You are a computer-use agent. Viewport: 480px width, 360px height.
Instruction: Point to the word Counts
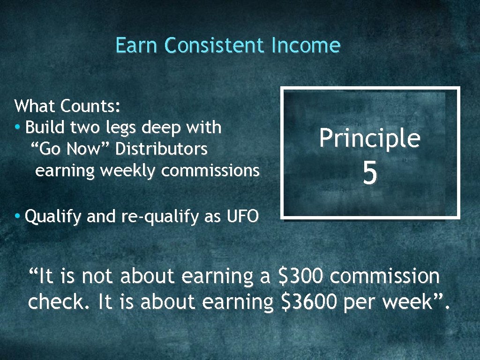click(90, 106)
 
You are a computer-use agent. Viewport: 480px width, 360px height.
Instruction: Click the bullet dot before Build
click(17, 127)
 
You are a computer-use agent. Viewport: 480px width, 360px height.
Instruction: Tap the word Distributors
click(161, 149)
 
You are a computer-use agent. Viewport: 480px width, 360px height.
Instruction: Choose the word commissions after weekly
click(210, 171)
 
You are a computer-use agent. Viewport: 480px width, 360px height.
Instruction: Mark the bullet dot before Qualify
click(17, 216)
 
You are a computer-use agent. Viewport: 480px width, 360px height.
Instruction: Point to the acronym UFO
click(242, 217)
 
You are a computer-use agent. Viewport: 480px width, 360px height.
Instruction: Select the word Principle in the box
click(369, 139)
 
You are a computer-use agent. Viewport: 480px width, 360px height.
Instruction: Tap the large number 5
click(369, 174)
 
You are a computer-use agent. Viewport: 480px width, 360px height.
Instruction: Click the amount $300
click(300, 277)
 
